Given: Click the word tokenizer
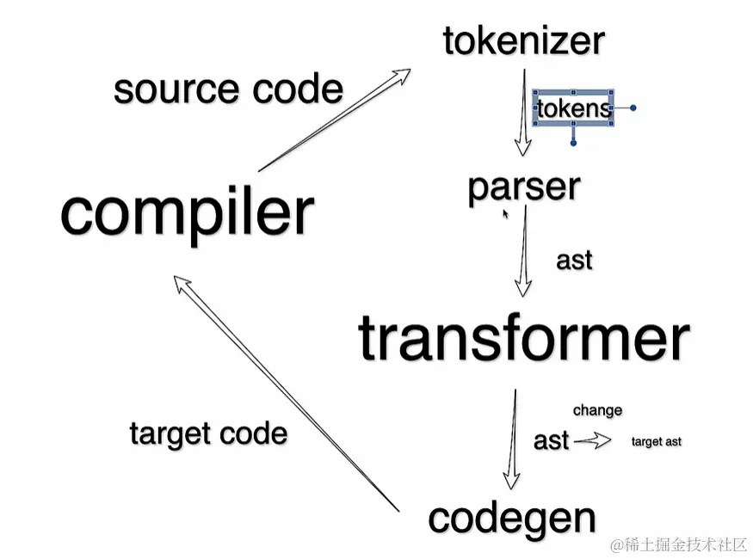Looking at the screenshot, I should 524,41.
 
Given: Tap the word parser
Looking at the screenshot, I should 523,187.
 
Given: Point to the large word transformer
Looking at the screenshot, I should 523,338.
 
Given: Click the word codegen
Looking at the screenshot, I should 512,518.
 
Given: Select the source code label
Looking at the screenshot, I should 228,89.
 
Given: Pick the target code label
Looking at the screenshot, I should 208,433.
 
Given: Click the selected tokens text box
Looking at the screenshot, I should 573,108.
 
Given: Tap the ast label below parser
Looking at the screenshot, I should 574,260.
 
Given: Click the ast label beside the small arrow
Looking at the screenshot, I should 551,440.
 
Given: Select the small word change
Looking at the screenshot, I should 597,410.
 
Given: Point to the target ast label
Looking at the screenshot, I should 656,441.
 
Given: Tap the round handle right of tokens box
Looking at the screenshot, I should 633,108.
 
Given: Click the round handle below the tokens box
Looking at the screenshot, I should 573,143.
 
